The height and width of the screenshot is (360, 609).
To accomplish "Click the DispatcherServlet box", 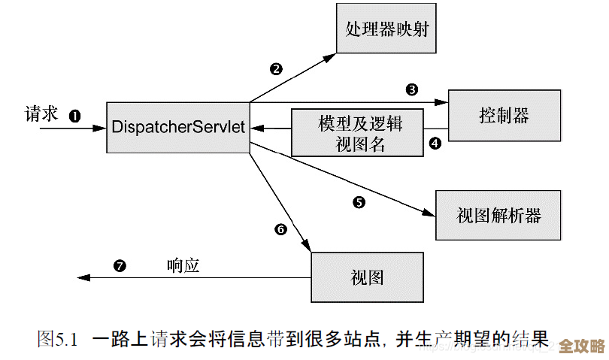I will pos(178,127).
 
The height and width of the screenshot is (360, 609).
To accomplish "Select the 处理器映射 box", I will pos(387,29).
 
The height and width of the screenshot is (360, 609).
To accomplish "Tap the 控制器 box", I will pos(504,115).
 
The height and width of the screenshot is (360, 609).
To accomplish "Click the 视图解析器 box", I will pos(498,215).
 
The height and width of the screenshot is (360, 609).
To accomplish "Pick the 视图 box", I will pos(367,277).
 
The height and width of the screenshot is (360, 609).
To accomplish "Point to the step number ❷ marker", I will pos(276,69).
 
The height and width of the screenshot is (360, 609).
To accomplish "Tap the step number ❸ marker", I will pos(411,90).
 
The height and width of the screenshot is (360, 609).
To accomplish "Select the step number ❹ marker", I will pos(435,144).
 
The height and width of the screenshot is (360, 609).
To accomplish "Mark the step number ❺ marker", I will pos(359,201).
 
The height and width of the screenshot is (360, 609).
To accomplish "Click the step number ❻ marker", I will pos(281,229).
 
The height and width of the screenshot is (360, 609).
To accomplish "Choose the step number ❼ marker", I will pos(119,265).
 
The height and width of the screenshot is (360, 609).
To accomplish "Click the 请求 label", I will pos(42,113).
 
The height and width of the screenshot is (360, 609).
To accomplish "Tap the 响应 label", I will pos(183,265).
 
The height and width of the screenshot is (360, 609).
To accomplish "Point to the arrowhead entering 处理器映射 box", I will pos(331,56).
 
